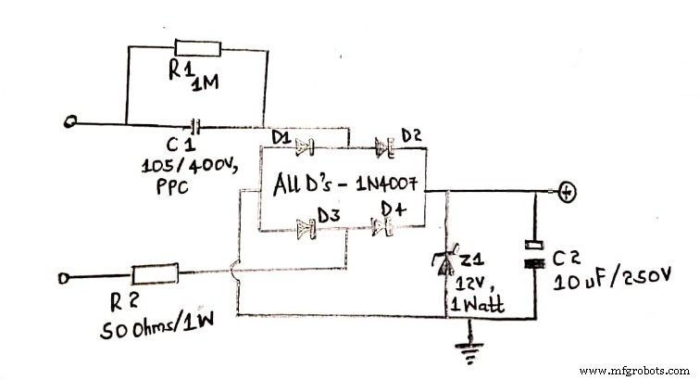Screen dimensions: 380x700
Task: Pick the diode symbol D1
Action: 305,146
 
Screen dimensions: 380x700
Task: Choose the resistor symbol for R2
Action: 148,275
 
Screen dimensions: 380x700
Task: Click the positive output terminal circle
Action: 569,193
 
